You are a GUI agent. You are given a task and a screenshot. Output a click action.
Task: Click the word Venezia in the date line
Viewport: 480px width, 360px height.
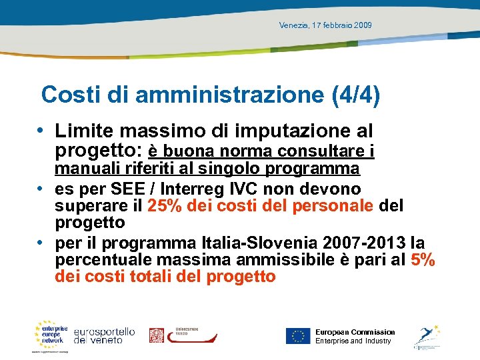click(x=293, y=25)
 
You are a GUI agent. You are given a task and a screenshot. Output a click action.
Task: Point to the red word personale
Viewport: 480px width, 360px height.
click(x=332, y=205)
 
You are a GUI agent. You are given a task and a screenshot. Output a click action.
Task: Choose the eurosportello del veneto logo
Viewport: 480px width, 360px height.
click(x=104, y=335)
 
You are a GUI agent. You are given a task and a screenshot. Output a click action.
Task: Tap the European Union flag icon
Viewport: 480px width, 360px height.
click(x=298, y=336)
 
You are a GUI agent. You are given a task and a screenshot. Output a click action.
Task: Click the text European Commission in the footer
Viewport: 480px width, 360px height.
click(x=355, y=332)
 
